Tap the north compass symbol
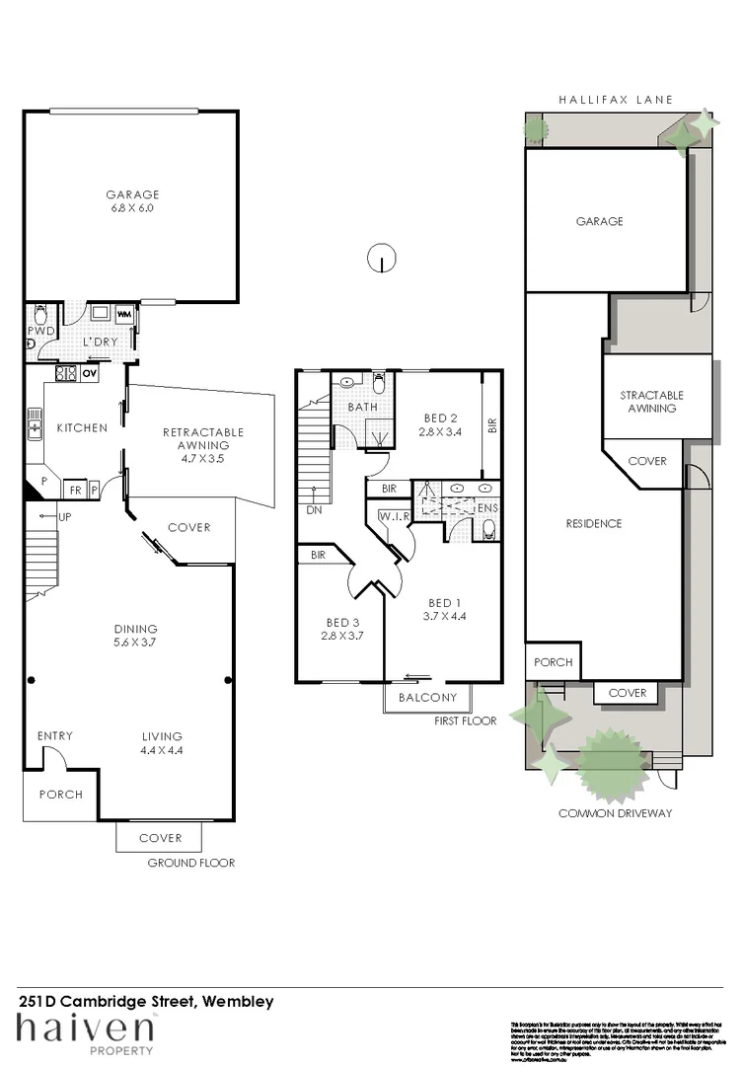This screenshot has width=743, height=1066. tap(382, 260)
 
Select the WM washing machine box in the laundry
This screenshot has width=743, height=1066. tap(125, 315)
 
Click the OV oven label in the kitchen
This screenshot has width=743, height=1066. tap(89, 373)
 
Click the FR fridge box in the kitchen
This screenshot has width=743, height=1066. tap(75, 490)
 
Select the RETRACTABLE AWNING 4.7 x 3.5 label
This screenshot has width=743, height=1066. tap(202, 445)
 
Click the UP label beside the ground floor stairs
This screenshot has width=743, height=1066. tap(64, 517)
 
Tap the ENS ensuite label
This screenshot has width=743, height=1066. tap(486, 508)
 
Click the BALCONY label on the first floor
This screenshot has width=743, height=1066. tap(427, 698)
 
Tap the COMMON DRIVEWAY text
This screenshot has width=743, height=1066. tap(615, 813)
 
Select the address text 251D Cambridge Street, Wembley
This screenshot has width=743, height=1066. tap(146, 1001)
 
